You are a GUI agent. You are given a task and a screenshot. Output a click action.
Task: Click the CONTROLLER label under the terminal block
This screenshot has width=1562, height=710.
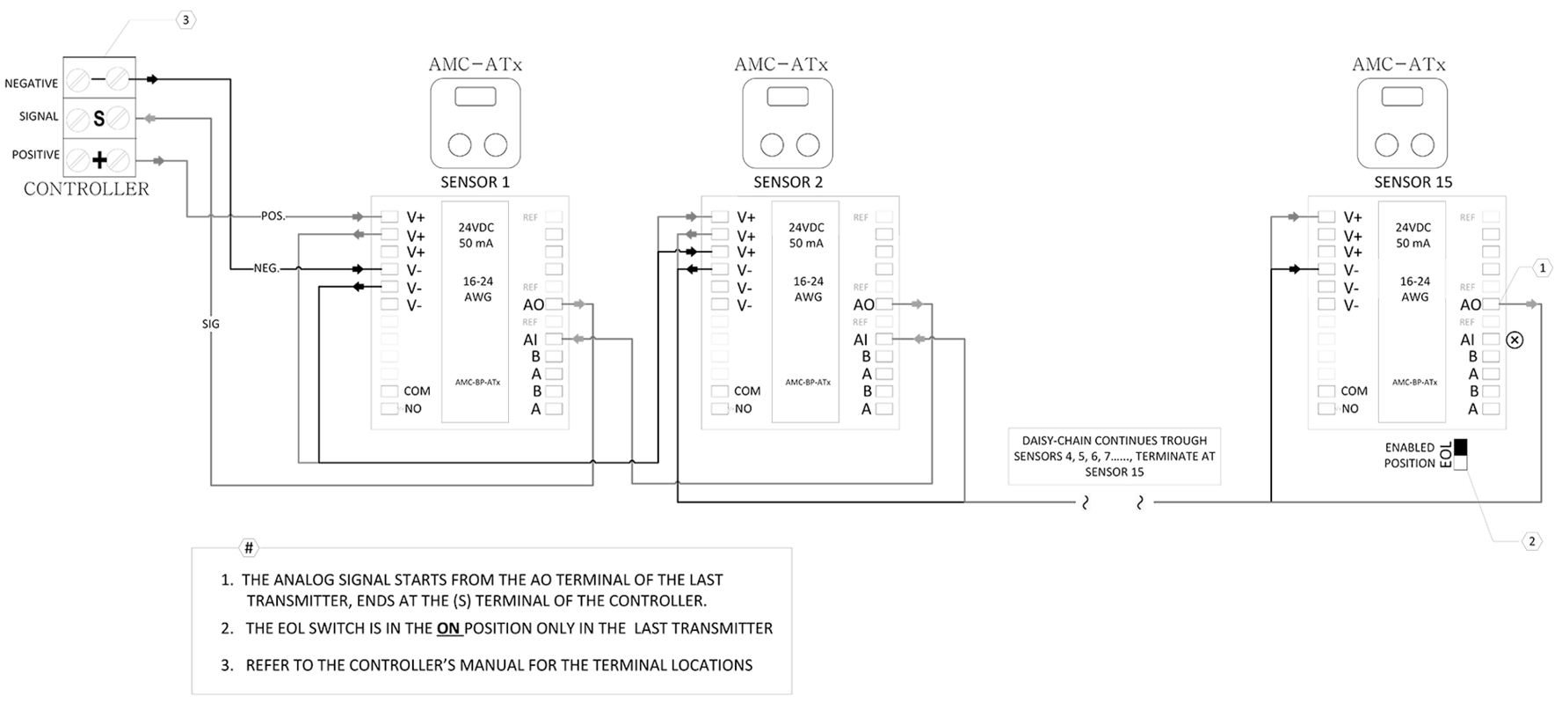pyautogui.click(x=86, y=189)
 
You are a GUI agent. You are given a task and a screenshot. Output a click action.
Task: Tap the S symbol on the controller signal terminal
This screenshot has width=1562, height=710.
pyautogui.click(x=98, y=119)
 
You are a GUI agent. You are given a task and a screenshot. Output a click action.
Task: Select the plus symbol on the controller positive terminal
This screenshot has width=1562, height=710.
pyautogui.click(x=99, y=160)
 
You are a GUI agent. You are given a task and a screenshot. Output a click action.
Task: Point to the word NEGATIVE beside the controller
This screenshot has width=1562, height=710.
pyautogui.click(x=31, y=84)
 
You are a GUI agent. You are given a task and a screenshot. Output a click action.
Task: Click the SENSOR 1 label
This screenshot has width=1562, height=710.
pyautogui.click(x=475, y=182)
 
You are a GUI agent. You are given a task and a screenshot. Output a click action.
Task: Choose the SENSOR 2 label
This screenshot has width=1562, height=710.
pyautogui.click(x=788, y=182)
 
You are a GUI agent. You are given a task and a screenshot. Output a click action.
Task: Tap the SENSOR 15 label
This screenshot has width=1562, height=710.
pyautogui.click(x=1413, y=182)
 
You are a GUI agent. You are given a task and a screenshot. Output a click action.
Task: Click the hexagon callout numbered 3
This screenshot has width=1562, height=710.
pyautogui.click(x=185, y=19)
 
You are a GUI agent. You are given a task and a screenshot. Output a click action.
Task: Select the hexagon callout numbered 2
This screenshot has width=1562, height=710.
pyautogui.click(x=1531, y=541)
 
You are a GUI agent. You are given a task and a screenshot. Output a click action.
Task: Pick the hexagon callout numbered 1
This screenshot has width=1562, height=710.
pyautogui.click(x=1542, y=267)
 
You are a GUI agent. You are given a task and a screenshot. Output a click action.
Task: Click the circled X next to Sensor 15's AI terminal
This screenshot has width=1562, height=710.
pyautogui.click(x=1515, y=340)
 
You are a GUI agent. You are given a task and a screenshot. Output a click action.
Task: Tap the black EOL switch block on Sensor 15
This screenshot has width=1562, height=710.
pyautogui.click(x=1460, y=447)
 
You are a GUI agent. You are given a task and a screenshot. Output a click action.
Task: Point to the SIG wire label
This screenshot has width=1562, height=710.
pyautogui.click(x=211, y=324)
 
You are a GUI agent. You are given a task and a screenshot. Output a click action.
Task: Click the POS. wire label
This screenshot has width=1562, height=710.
pyautogui.click(x=273, y=216)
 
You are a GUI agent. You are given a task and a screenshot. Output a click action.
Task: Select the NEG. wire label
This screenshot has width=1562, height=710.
pyautogui.click(x=266, y=268)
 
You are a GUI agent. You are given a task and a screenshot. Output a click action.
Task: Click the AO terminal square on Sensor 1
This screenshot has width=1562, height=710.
pyautogui.click(x=554, y=304)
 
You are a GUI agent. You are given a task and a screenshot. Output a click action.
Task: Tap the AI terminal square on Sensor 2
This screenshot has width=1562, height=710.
pyautogui.click(x=884, y=339)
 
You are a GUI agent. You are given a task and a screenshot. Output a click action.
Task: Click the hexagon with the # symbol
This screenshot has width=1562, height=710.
pyautogui.click(x=249, y=548)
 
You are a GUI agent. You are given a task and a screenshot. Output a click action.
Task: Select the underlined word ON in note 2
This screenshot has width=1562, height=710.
pyautogui.click(x=448, y=628)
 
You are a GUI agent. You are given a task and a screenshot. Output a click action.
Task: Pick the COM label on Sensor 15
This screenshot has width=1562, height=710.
pyautogui.click(x=1354, y=391)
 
